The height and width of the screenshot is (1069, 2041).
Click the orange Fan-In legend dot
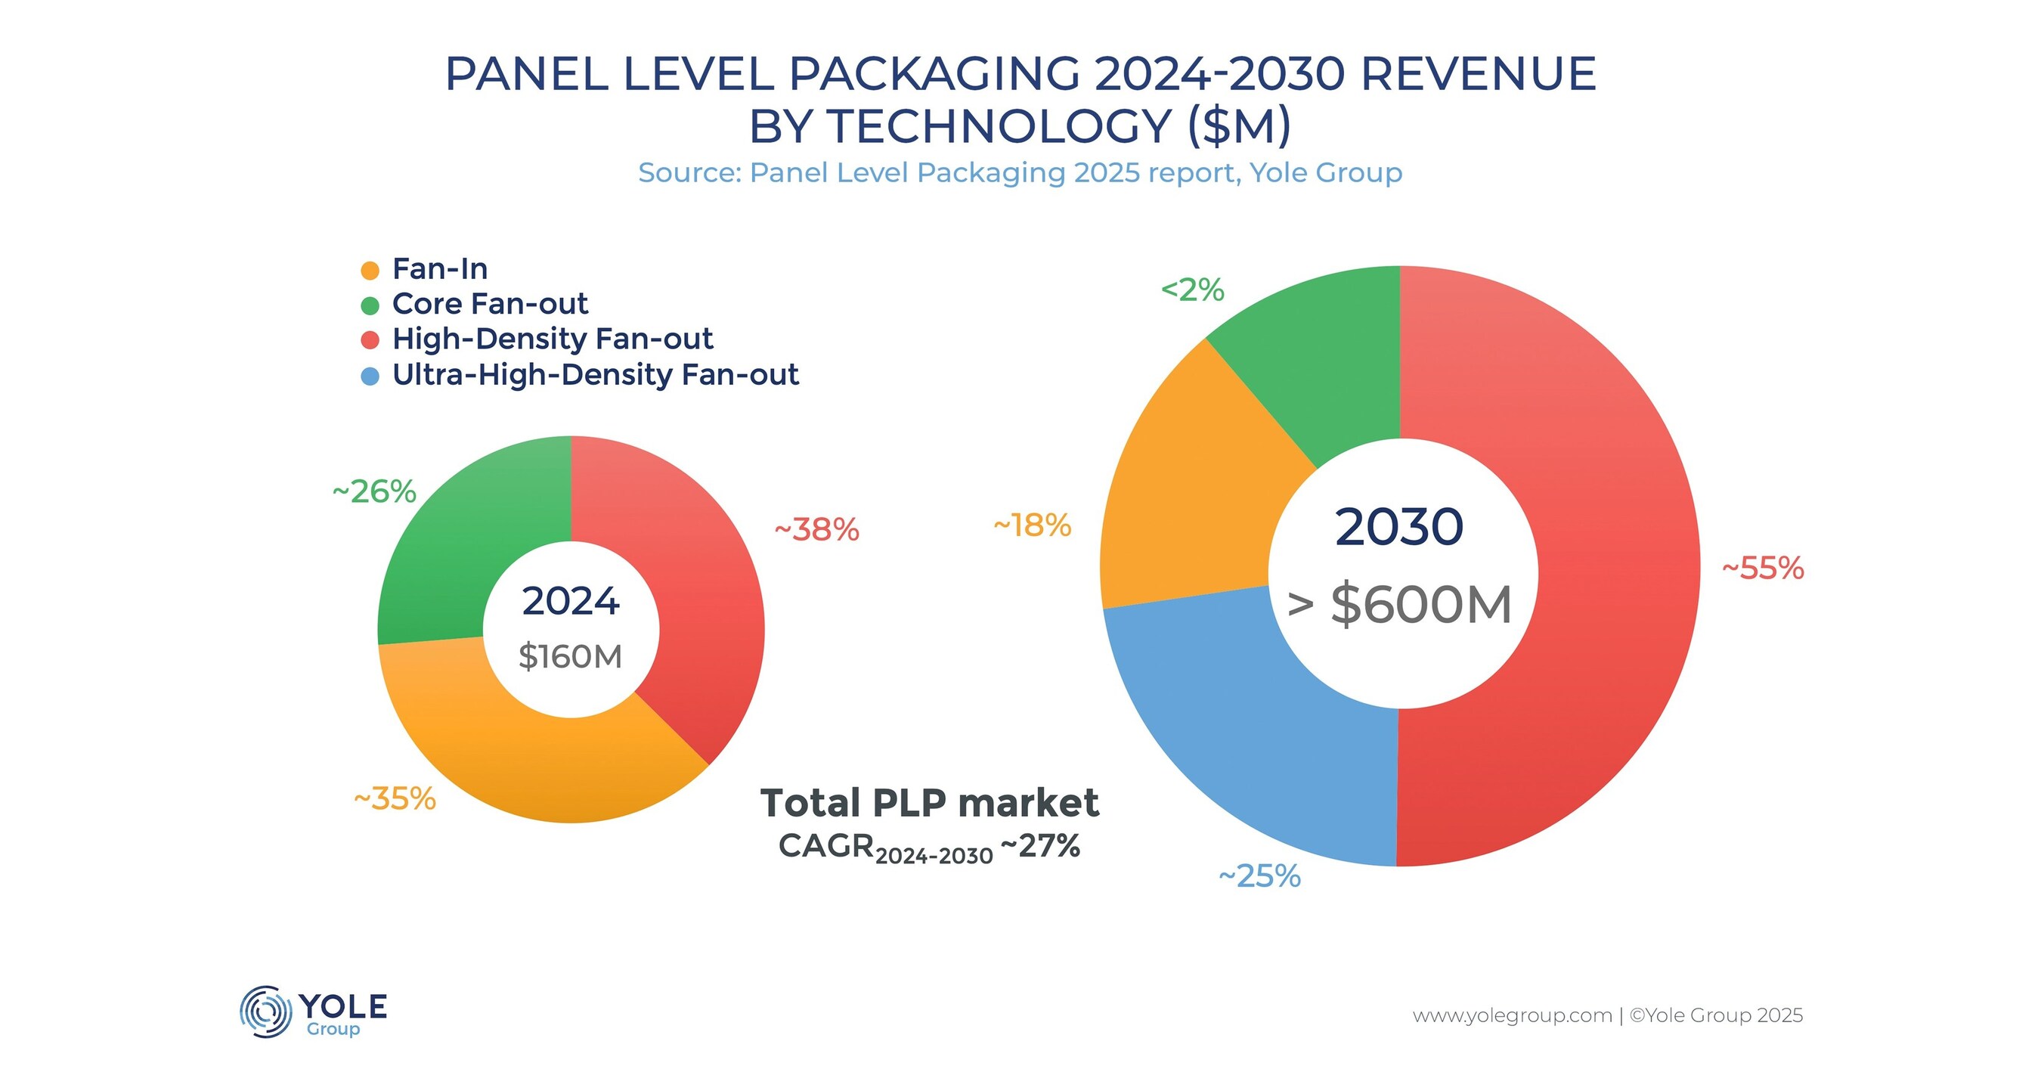click(x=370, y=270)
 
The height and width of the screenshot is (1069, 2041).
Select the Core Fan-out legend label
click(x=490, y=303)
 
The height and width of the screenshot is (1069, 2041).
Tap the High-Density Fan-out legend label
click(x=553, y=339)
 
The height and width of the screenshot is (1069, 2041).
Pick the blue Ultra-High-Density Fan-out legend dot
click(x=370, y=376)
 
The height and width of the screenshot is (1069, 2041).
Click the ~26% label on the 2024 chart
click(x=374, y=492)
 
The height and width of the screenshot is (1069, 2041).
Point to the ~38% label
click(x=816, y=529)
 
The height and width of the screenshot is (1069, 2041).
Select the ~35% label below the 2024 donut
click(x=395, y=799)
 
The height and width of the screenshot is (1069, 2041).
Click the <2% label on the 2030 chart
click(x=1192, y=290)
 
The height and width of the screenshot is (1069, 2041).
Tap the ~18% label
click(x=1032, y=525)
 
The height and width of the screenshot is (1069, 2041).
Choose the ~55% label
click(x=1763, y=569)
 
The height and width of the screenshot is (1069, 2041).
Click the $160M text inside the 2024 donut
click(x=571, y=657)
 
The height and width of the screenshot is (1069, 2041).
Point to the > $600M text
click(x=1399, y=605)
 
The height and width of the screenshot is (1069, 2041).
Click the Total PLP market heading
click(x=929, y=803)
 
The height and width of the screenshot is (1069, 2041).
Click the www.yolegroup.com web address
click(x=1512, y=1015)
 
